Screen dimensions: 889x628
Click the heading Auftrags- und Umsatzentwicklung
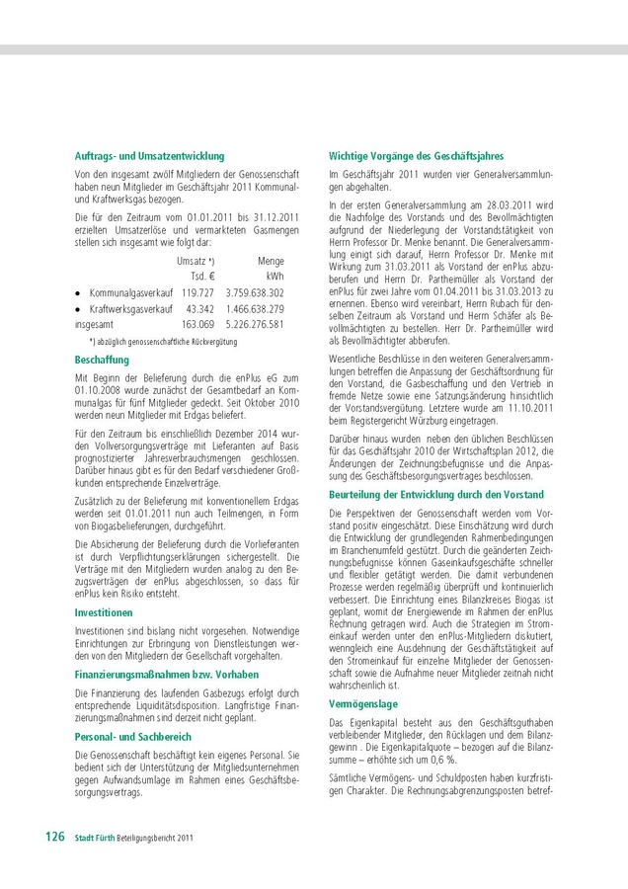point(149,156)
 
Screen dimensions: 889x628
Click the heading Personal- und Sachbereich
point(133,737)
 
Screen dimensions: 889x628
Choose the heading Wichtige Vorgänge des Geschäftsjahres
point(416,156)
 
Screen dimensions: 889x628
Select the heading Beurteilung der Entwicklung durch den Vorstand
point(434,492)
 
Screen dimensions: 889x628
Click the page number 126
point(54,837)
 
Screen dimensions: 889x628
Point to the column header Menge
point(271,261)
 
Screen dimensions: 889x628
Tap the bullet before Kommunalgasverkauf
point(78,294)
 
